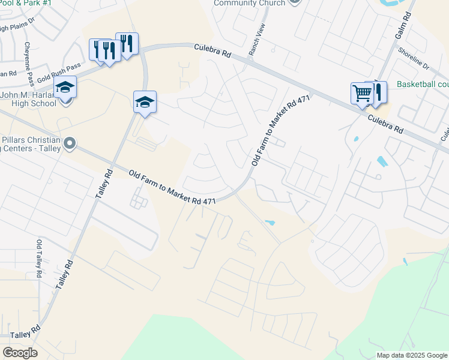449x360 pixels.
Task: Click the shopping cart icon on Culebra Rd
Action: (x=362, y=94)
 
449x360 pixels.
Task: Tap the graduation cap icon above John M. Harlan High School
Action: (x=65, y=88)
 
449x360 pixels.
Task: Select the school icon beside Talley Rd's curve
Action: (x=145, y=101)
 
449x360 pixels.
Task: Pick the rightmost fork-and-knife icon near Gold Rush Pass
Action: (x=127, y=44)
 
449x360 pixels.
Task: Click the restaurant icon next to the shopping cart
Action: (x=378, y=92)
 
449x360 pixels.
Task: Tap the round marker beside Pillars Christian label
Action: (x=70, y=143)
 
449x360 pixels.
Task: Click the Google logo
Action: (x=20, y=353)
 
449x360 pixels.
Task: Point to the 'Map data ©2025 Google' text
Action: (x=411, y=355)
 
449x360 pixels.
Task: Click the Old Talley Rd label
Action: (x=39, y=259)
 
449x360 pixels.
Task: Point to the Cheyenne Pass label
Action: (x=28, y=64)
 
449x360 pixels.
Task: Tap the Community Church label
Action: (x=250, y=3)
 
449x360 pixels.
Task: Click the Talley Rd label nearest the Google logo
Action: (x=25, y=331)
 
